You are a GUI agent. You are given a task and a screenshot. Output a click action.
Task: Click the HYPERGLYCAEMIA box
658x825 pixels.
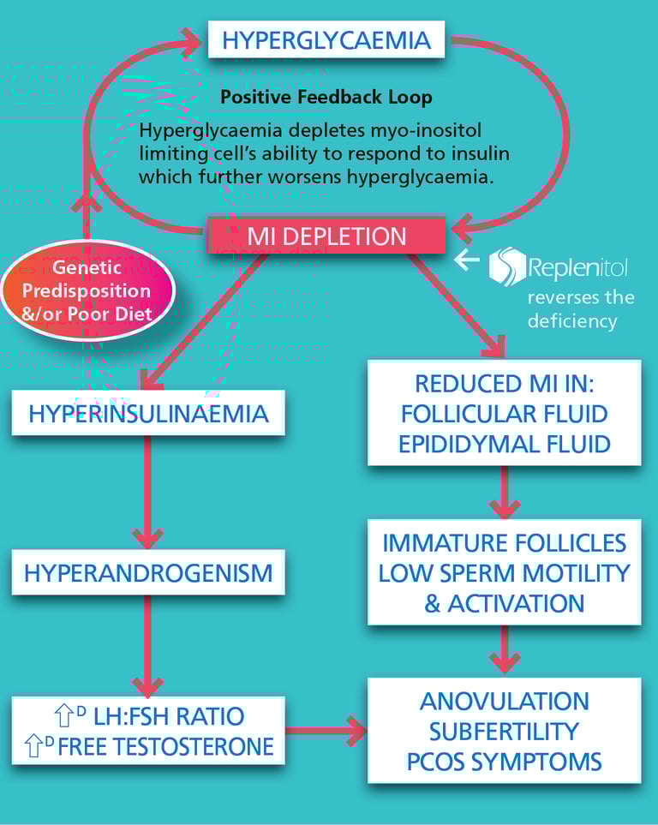tap(326, 39)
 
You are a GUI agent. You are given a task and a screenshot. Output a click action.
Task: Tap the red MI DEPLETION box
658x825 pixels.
tap(326, 236)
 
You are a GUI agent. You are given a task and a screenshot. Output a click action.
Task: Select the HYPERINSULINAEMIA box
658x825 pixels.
tap(148, 413)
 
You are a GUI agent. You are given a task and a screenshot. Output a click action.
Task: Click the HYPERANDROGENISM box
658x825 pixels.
tap(148, 572)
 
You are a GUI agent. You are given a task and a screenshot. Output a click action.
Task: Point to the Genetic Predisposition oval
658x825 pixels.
tap(87, 290)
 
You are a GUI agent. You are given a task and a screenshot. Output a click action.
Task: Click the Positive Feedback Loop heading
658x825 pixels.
tap(326, 98)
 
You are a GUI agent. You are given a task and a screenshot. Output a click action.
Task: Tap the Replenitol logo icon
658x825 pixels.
tap(506, 266)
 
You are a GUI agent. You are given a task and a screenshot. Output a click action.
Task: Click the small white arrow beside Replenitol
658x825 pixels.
tap(466, 260)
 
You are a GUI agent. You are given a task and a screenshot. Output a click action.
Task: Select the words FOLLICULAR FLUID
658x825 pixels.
tap(505, 414)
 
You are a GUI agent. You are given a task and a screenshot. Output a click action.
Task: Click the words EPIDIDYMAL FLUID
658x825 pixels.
tap(505, 444)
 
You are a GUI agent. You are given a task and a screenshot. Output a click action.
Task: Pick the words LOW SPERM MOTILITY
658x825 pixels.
tap(505, 573)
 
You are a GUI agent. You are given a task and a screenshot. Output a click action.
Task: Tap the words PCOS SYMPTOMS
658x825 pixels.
tap(505, 762)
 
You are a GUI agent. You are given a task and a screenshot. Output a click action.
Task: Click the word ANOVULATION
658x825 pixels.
tap(505, 702)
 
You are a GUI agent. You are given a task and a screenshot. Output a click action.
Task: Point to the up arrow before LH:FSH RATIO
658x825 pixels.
tap(64, 715)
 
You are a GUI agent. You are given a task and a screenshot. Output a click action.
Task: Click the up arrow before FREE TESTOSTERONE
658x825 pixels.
tap(34, 746)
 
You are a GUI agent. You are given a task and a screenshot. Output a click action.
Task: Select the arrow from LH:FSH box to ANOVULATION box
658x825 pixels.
tap(326, 730)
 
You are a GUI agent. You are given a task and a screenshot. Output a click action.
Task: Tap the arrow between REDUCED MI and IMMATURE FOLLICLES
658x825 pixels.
tap(505, 493)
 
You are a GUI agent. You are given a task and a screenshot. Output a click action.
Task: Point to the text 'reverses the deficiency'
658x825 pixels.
tap(581, 309)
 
